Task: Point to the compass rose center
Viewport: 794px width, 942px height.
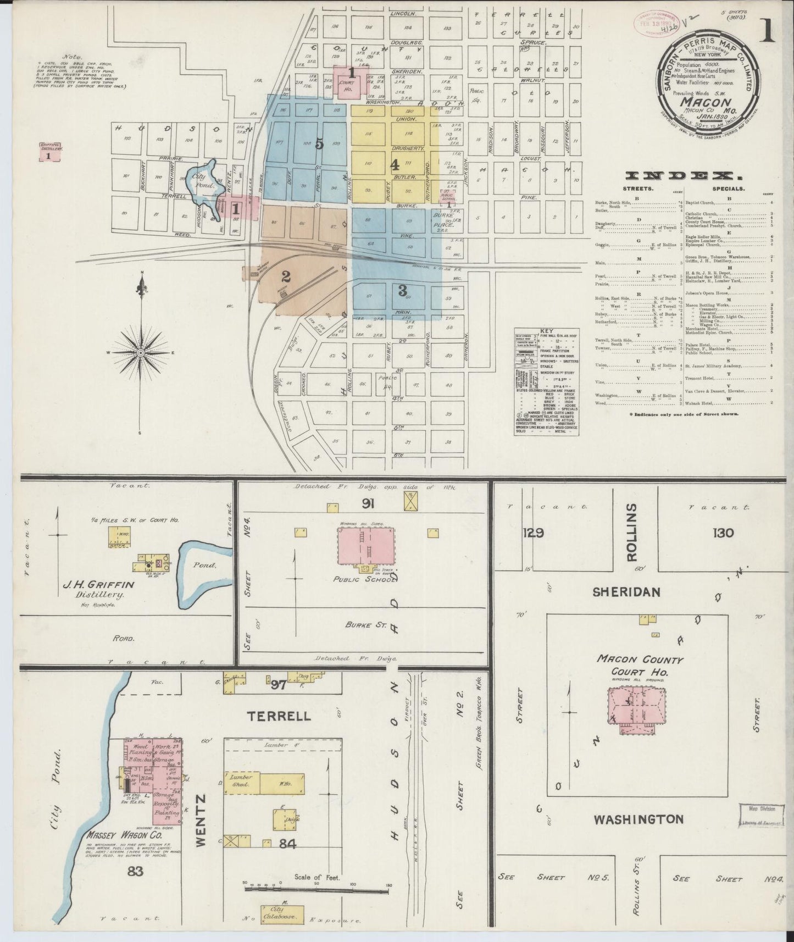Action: [141, 352]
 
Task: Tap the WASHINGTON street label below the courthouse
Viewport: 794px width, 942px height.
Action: [638, 819]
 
